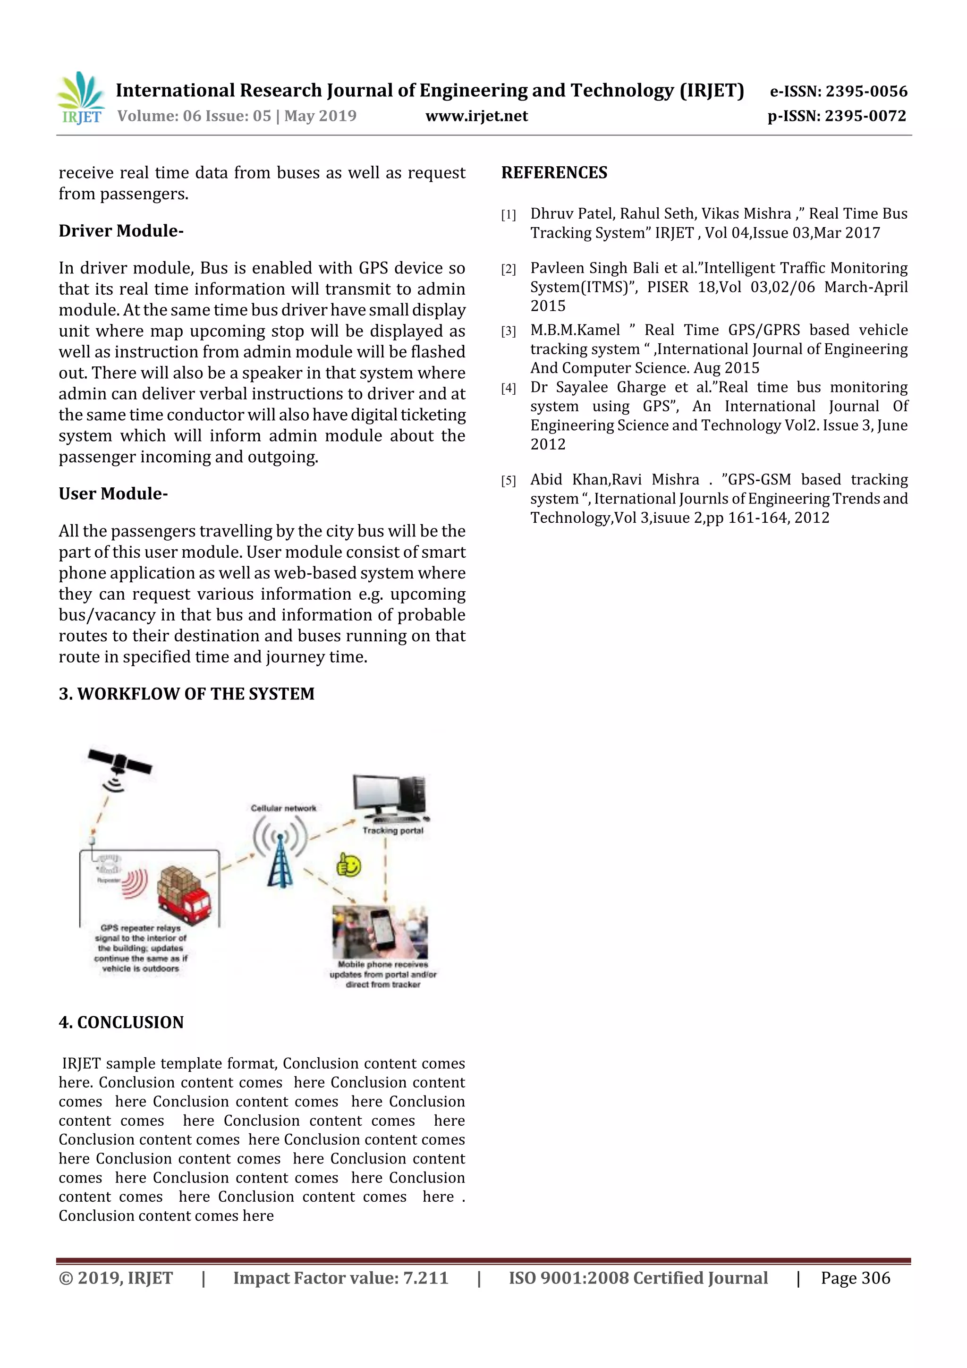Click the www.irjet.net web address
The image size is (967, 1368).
pos(476,116)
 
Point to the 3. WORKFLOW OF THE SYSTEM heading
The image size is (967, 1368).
pos(187,694)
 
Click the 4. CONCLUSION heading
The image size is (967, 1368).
pos(121,1022)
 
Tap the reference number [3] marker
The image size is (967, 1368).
pos(508,331)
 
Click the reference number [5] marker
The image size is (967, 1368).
pos(508,481)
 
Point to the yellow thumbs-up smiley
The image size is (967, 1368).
pos(349,865)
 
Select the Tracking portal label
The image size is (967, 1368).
pos(393,831)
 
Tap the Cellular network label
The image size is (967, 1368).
pos(284,808)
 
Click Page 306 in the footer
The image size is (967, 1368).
pos(855,1277)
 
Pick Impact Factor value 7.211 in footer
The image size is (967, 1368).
pos(340,1277)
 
